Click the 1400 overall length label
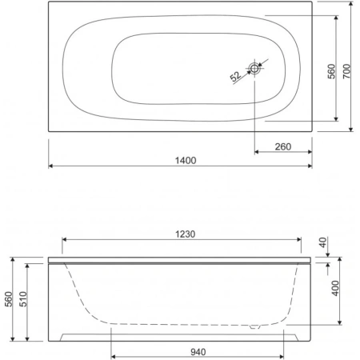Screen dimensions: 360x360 click(186, 161)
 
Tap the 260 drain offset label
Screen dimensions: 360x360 click(283, 146)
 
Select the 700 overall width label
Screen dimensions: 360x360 click(346, 71)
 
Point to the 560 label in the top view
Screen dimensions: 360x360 click(331, 71)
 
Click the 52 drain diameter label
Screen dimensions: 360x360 click(235, 76)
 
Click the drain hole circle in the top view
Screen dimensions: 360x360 click(254, 68)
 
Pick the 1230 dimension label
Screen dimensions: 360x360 click(185, 234)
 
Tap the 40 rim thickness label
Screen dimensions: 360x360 click(323, 242)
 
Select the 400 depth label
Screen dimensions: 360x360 click(335, 288)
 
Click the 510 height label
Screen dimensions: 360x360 click(23, 299)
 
